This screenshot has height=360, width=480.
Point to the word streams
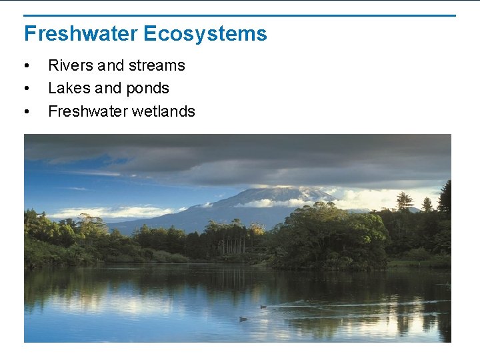(157, 65)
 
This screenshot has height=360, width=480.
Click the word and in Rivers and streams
(111, 65)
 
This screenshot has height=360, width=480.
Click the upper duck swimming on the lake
(263, 307)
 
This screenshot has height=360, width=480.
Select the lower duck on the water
(243, 319)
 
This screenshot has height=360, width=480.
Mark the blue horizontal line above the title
(240, 15)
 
